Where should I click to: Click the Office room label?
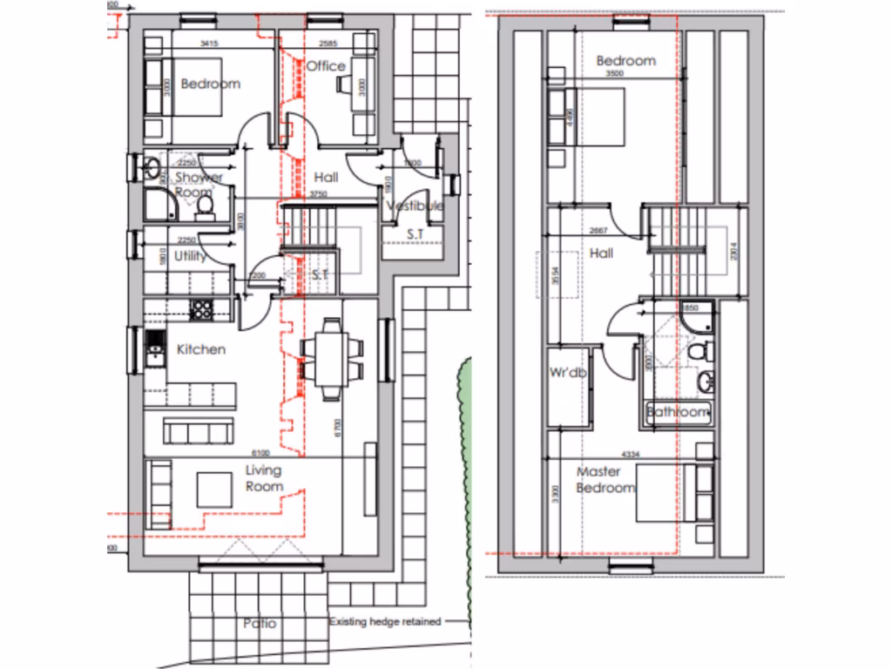pos(326,66)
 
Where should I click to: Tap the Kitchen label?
pos(201,349)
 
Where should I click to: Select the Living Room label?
pos(263,478)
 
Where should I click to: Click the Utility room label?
pos(191,256)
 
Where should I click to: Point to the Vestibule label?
pos(416,206)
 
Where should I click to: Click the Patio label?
pos(260,624)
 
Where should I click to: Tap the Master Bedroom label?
pos(605,480)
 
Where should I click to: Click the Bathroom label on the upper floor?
pos(679,412)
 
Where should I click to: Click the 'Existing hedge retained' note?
pos(385,622)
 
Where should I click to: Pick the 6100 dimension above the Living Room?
pos(260,453)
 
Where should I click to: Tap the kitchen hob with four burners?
pos(202,307)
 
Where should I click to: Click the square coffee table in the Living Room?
pos(213,490)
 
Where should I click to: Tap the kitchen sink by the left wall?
pos(155,348)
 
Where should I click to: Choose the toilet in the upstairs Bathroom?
pos(697,352)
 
